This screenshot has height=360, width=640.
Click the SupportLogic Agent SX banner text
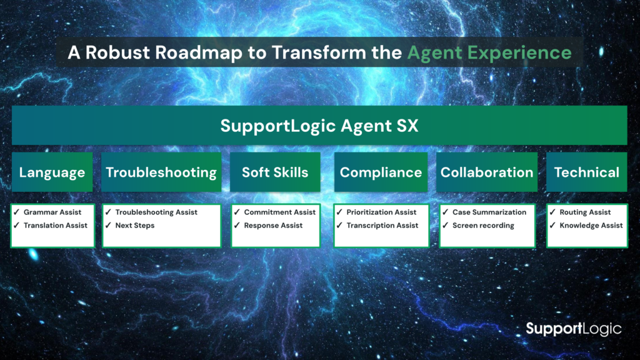click(319, 126)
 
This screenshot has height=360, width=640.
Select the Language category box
click(52, 172)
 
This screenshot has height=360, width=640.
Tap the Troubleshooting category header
click(161, 172)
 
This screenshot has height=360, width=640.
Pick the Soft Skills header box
click(275, 172)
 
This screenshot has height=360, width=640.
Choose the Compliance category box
click(381, 172)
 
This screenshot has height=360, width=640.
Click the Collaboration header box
click(486, 172)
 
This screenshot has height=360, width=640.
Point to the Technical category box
click(586, 172)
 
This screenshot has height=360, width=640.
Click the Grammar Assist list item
click(52, 212)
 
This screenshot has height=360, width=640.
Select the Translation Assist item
click(56, 225)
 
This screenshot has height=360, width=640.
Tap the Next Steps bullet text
click(135, 225)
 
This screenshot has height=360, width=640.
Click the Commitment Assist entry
click(279, 212)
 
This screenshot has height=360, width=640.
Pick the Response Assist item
click(273, 225)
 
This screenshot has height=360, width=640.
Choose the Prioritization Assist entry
click(381, 212)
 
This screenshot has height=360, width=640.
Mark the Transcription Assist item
click(382, 225)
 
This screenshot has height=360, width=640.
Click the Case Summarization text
click(489, 212)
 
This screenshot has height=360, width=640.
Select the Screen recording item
click(483, 225)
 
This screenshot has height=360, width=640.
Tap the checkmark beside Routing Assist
click(552, 212)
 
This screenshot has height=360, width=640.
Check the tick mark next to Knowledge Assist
click(552, 225)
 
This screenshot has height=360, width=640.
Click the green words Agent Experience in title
click(489, 52)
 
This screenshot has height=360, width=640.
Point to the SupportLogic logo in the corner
click(574, 329)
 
